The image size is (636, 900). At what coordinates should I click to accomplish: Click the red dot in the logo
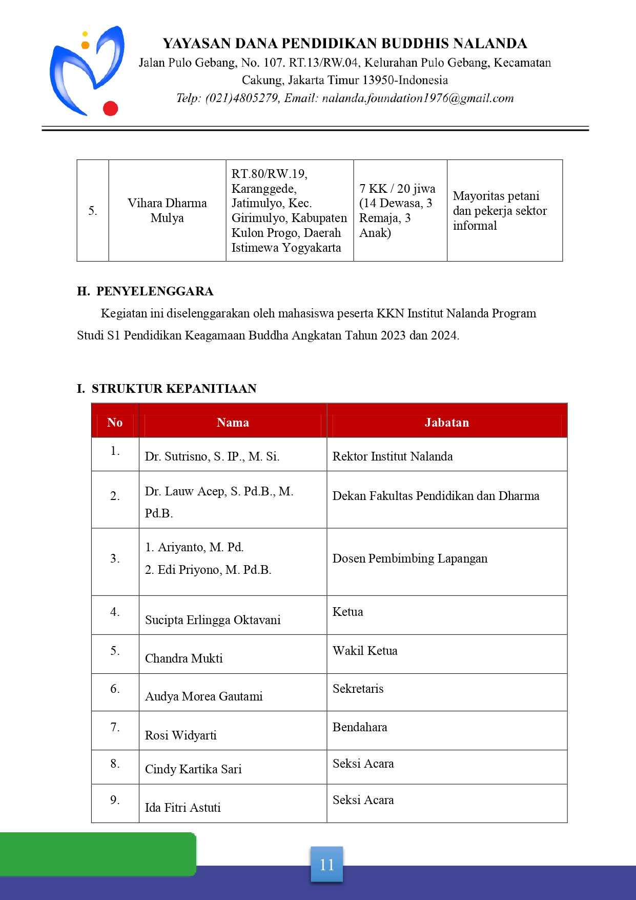111,108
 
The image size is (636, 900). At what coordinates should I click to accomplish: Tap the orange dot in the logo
86,45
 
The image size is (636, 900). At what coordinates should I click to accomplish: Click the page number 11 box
326,865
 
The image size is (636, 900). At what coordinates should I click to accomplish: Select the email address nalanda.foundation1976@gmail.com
418,98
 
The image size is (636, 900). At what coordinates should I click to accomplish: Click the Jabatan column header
446,422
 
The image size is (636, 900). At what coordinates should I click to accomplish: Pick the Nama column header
233,422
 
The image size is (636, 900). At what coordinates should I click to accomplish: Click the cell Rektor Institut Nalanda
393,456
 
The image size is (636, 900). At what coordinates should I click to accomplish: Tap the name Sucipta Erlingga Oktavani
213,619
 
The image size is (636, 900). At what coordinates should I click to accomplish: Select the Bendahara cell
360,727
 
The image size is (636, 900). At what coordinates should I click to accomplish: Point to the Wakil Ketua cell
365,650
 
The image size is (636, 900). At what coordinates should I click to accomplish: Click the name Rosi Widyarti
180,735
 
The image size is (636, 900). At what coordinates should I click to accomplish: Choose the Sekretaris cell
358,688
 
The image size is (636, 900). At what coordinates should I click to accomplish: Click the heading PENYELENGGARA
155,291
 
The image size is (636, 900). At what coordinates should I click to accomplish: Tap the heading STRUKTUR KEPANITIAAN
174,388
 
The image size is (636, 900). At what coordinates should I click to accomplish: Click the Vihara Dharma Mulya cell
167,210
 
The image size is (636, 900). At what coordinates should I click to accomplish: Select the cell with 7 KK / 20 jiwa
397,210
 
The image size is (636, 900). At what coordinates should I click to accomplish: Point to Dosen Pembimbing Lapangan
410,558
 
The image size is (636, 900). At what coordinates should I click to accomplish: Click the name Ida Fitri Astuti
182,807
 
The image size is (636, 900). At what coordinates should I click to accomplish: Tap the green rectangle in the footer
97,854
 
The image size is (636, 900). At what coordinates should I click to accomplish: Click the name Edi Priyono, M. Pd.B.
214,569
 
